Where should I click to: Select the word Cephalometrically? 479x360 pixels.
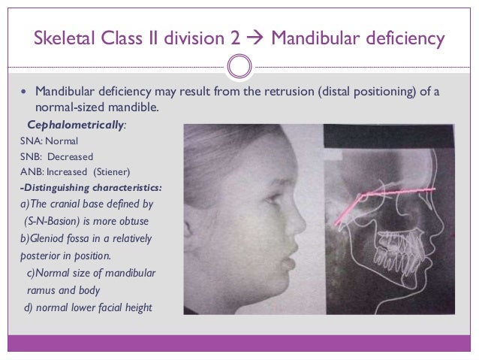coord(75,125)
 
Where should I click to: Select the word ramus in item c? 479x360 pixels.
coord(41,289)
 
